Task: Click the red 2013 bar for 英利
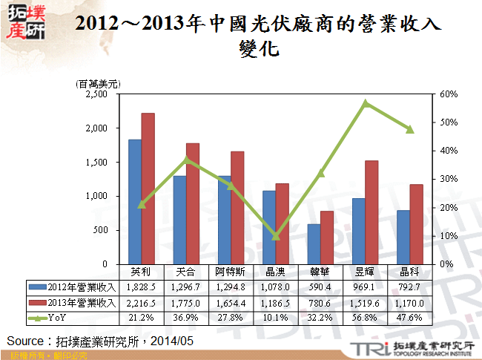(148, 189)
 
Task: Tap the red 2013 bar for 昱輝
(372, 212)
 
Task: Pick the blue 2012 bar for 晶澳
(269, 227)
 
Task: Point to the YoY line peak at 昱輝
(365, 103)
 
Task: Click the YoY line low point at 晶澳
(276, 236)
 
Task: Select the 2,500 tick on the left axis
(97, 94)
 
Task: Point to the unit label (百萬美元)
(98, 84)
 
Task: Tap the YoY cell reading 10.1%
(276, 319)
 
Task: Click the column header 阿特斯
(231, 271)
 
